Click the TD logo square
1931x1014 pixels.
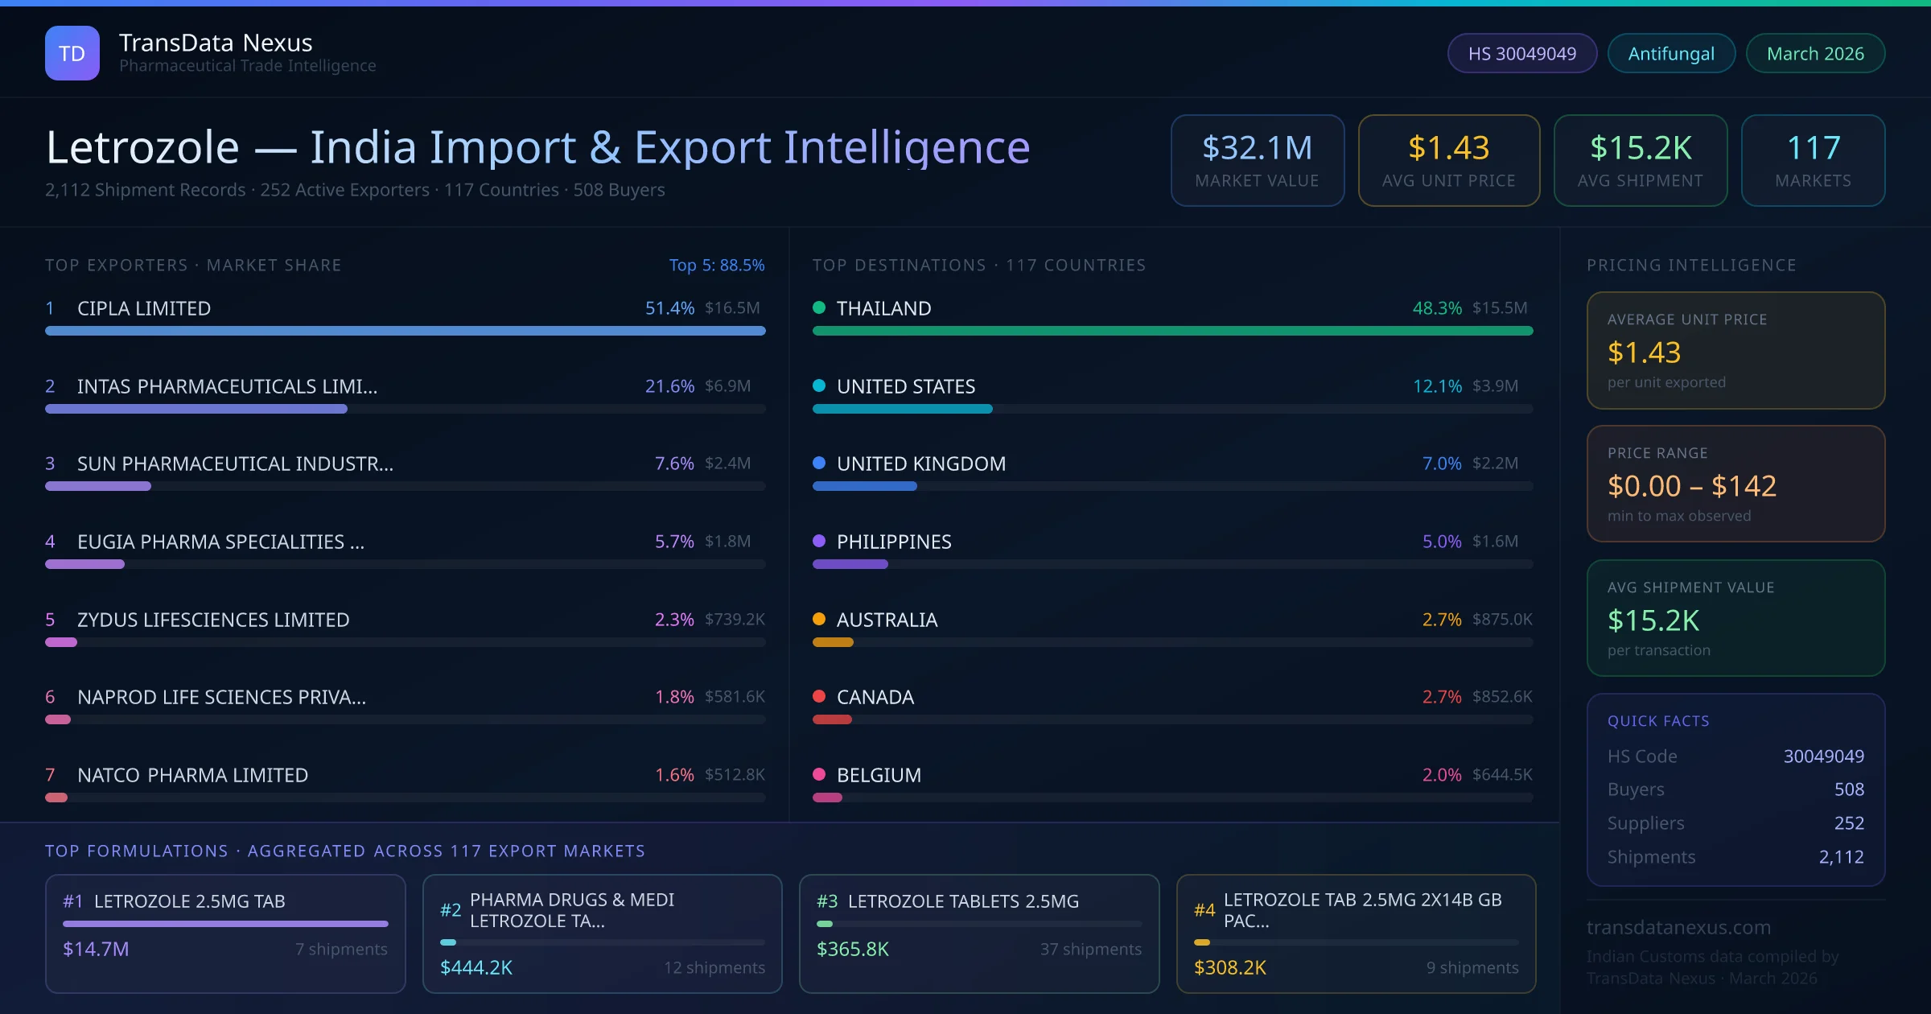[x=72, y=53]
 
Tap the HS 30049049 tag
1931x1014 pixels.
[x=1521, y=53]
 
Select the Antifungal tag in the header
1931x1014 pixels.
[x=1671, y=53]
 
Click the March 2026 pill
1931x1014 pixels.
[x=1815, y=53]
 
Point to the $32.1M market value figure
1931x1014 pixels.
[x=1257, y=148]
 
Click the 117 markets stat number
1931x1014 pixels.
[x=1813, y=148]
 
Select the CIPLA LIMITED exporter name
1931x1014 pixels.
[x=144, y=308]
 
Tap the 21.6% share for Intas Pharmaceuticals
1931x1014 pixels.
[x=669, y=386]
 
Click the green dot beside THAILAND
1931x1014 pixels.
[x=819, y=307]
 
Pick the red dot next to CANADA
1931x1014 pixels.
[x=819, y=696]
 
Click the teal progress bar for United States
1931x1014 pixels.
[x=902, y=409]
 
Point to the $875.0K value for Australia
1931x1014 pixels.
[x=1502, y=620]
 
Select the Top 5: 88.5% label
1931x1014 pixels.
[x=716, y=266]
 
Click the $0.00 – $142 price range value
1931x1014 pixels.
[x=1691, y=486]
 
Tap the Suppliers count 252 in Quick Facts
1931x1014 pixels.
[x=1849, y=823]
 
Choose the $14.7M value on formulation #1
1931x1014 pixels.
[x=96, y=950]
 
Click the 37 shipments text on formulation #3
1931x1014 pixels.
[x=1090, y=950]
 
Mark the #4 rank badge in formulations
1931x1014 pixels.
[x=1204, y=910]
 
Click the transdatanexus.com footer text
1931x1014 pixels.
[x=1678, y=928]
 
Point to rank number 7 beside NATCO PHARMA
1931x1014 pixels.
[x=50, y=775]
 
